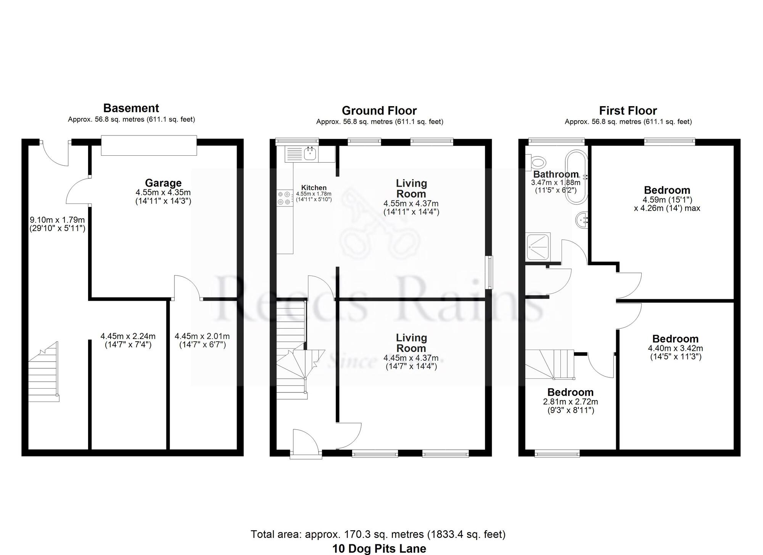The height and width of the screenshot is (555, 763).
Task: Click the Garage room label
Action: (x=163, y=183)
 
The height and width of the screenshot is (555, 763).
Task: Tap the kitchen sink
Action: (x=310, y=154)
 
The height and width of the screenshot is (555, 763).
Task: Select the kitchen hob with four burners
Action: (x=284, y=198)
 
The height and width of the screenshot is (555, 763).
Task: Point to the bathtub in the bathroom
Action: (x=576, y=177)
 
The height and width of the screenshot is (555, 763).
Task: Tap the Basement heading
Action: (x=131, y=108)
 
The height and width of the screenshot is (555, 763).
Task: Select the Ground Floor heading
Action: (x=379, y=111)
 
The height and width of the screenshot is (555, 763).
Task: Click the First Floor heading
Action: (x=628, y=111)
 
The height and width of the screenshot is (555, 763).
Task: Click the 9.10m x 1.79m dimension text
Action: (x=57, y=224)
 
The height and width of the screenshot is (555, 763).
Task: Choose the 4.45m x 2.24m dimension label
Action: (x=128, y=340)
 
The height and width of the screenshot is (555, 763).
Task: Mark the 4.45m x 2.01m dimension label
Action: (x=202, y=340)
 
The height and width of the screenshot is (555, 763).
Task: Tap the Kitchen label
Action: (x=314, y=188)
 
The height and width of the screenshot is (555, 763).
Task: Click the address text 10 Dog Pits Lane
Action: (x=379, y=549)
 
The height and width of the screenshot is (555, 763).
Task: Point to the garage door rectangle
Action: (x=149, y=145)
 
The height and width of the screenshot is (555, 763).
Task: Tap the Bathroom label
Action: (x=556, y=174)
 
